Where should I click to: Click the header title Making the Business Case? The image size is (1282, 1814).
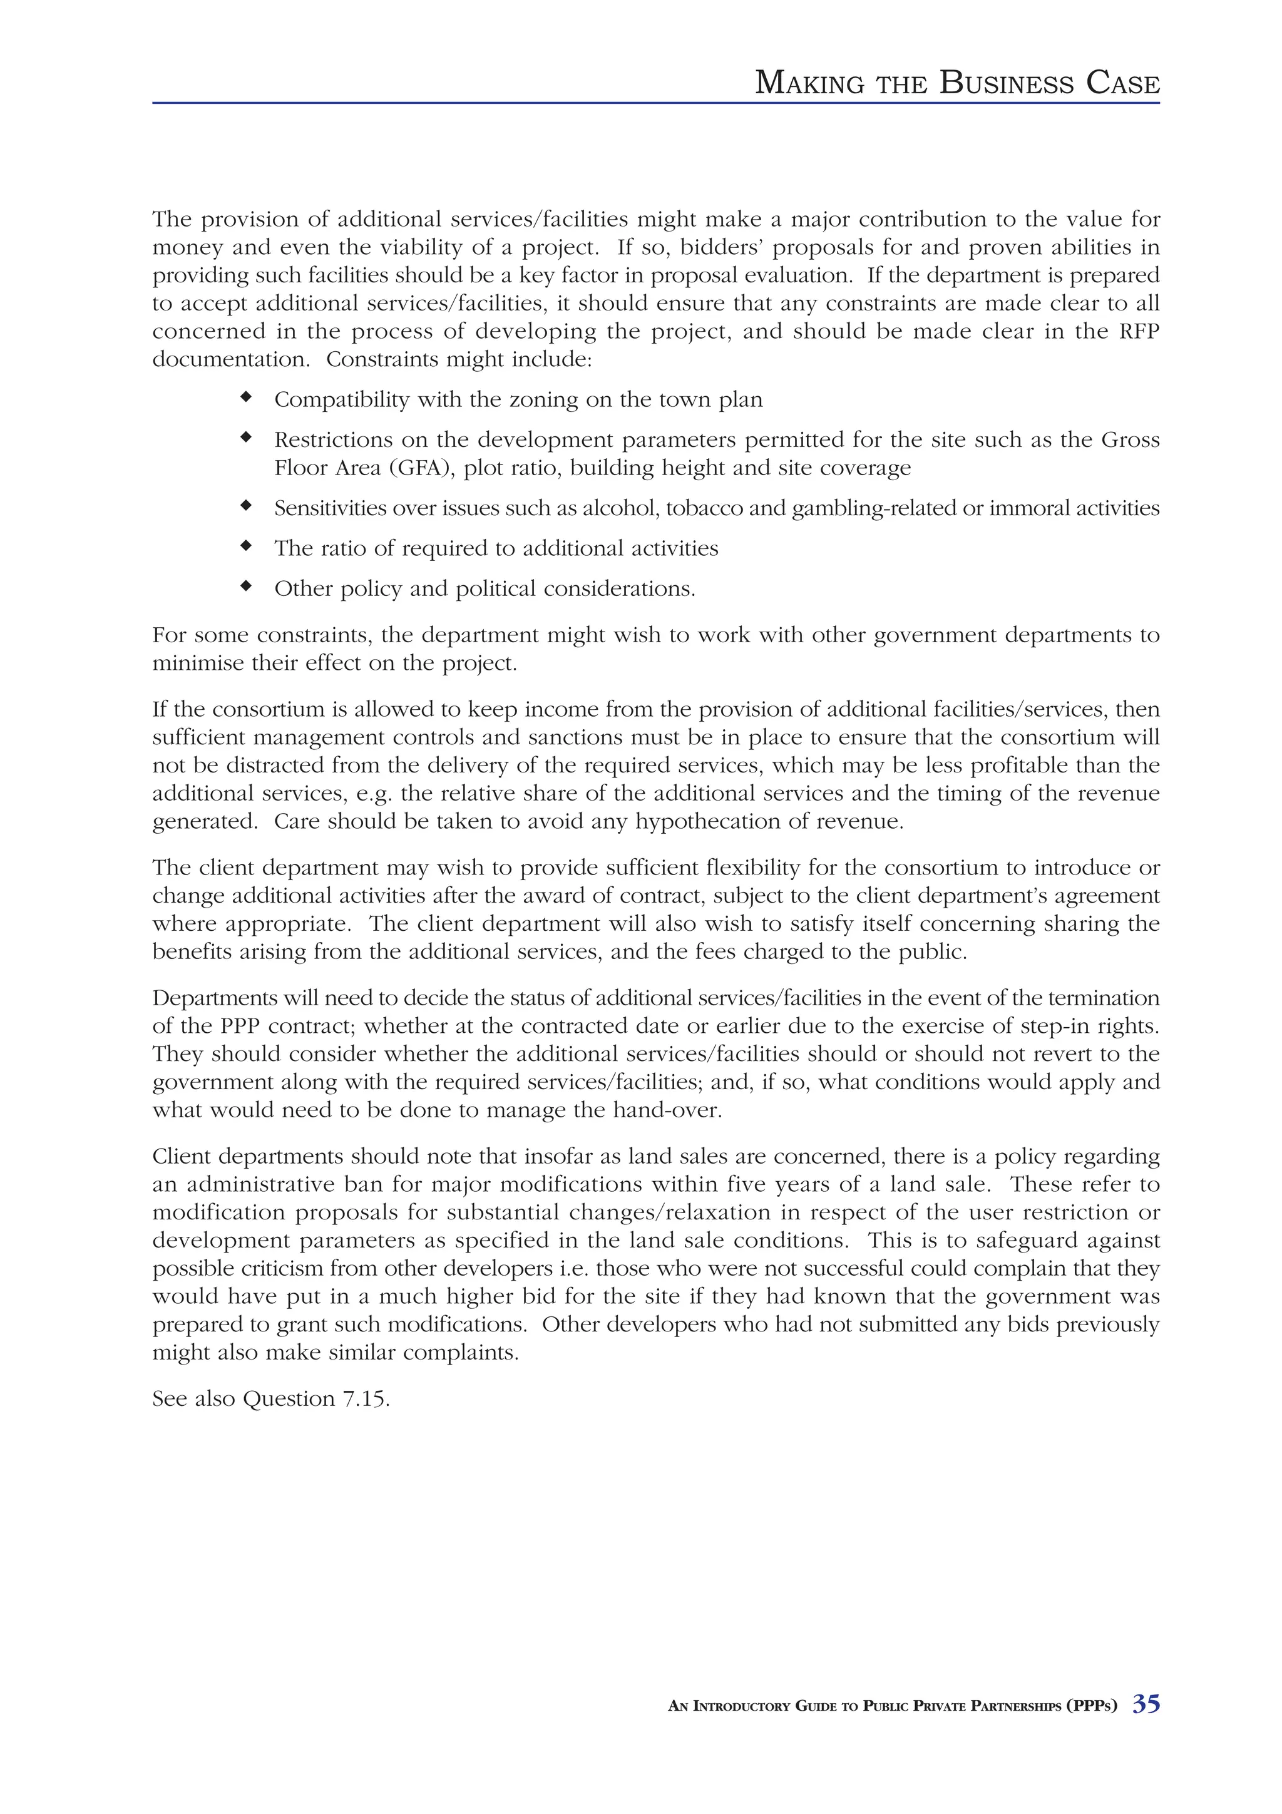coord(956,83)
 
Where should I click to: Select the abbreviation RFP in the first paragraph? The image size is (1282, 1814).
coord(1140,331)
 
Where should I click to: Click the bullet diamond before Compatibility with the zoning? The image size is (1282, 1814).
coord(245,397)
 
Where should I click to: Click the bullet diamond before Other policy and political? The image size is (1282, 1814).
coord(245,587)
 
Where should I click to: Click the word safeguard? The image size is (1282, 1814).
coord(1023,1241)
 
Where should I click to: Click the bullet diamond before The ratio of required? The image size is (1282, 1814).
coord(245,546)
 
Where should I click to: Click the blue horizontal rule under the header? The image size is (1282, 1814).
coord(655,103)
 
